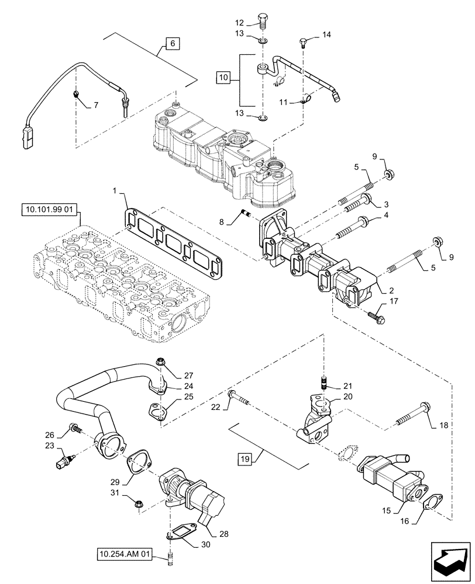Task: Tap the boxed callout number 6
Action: [x=173, y=44]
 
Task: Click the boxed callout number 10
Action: [x=223, y=77]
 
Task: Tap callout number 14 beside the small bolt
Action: [x=326, y=35]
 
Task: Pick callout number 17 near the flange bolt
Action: [x=393, y=301]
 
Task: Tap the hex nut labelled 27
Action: [x=163, y=361]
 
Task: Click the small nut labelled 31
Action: [x=139, y=502]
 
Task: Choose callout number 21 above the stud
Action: [x=349, y=387]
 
